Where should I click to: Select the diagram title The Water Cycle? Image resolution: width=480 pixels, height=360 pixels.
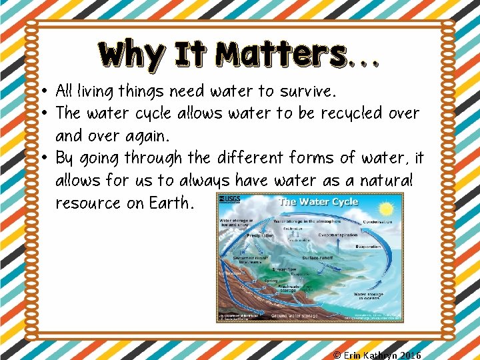[x=318, y=202]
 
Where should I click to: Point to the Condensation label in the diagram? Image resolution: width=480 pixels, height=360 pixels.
[x=377, y=222]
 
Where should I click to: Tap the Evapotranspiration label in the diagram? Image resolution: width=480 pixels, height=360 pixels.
[x=337, y=235]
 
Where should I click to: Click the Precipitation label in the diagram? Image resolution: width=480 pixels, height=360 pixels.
[x=261, y=235]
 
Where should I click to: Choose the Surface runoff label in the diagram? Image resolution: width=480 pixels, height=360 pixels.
[x=319, y=257]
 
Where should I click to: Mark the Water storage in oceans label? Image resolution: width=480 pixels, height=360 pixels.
[x=369, y=295]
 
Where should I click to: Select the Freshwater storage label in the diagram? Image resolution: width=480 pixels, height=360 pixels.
[x=287, y=287]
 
